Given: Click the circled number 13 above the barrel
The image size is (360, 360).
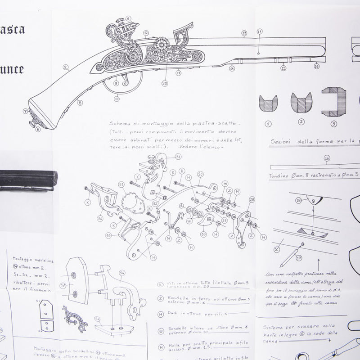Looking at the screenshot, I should tap(244, 33).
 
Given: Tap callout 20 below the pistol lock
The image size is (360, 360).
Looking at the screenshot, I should tap(165, 83).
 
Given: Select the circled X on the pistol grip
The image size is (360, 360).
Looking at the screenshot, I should tap(65, 68).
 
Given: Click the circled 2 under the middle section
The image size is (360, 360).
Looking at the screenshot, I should tap(301, 122).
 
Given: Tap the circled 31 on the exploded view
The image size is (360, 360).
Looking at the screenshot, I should tap(178, 157).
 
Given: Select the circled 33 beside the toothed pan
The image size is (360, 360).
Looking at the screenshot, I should tap(121, 184).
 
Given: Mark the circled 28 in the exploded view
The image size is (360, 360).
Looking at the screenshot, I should tap(252, 199).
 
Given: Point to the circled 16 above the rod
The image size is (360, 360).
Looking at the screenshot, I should tap(327, 158).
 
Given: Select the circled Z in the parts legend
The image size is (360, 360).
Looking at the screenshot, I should tap(161, 298).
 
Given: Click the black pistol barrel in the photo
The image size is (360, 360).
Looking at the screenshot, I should tap(27, 180).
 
